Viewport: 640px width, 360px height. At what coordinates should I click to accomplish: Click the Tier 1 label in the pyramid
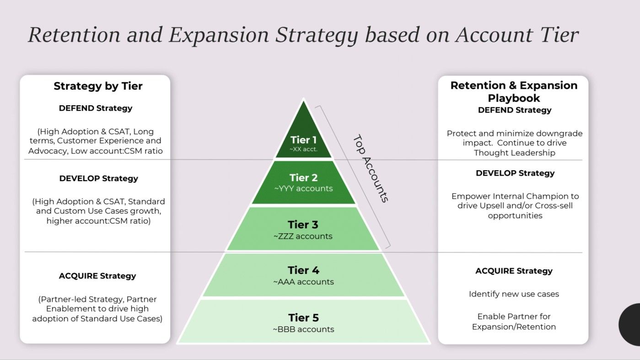(303, 140)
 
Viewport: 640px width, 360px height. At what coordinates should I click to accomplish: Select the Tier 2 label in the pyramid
(303, 177)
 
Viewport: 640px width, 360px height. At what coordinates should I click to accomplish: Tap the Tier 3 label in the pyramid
(303, 225)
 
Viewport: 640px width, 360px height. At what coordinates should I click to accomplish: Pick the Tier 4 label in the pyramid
(303, 270)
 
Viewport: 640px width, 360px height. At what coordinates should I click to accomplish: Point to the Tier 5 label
(303, 317)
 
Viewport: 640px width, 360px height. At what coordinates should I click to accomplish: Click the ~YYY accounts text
(303, 188)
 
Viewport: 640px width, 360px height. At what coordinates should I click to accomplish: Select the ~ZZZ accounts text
(303, 236)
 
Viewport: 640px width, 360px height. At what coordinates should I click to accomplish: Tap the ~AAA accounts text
(303, 282)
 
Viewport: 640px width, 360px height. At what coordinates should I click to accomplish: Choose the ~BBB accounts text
(303, 329)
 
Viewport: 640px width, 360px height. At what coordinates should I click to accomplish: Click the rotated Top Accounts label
(371, 168)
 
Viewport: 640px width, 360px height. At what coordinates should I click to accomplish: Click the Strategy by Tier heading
(98, 86)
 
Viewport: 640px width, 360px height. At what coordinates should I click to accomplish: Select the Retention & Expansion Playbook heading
(514, 91)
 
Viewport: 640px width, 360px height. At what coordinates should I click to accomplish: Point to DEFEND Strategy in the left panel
(96, 108)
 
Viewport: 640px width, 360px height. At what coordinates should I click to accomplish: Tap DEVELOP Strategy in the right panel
(515, 173)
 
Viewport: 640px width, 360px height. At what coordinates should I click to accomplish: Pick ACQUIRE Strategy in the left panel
(97, 276)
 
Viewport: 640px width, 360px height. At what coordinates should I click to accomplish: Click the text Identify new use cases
(514, 294)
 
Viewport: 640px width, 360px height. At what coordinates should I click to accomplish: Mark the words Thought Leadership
(515, 153)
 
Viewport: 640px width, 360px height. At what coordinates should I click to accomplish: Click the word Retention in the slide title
(73, 35)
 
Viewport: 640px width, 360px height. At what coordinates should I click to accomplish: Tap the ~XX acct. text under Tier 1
(303, 149)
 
